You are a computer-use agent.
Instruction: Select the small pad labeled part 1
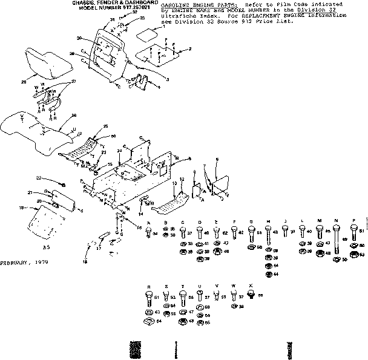coord(146,34)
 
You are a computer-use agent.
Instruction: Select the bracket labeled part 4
coord(141,83)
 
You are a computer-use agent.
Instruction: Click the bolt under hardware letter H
coord(268,232)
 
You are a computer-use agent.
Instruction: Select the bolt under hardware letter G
coord(251,232)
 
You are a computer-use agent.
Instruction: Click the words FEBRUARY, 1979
coord(24,263)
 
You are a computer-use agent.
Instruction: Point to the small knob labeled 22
coord(62,182)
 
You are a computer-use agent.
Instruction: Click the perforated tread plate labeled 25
coord(85,145)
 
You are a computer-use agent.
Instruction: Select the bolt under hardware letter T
coord(182,298)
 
